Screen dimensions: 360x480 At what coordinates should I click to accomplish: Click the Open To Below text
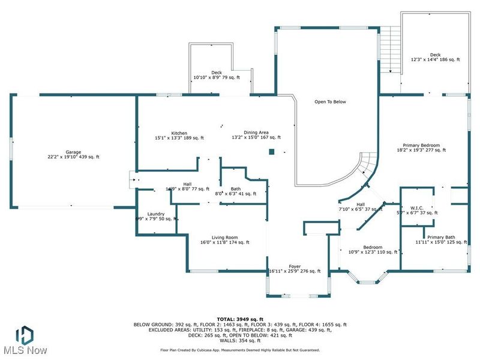point(331,102)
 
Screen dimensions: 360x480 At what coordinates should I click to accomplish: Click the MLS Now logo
point(24,340)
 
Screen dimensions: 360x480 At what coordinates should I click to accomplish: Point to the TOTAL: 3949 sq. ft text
point(239,319)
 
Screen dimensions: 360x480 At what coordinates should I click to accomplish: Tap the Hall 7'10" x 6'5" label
point(361,206)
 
